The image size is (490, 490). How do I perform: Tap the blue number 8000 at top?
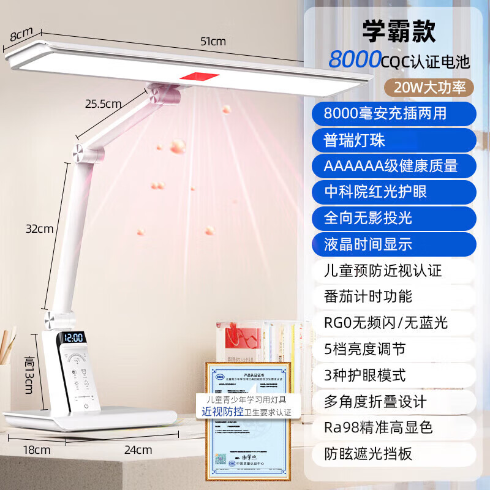pos(355,60)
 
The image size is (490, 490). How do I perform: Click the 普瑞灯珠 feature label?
pos(355,140)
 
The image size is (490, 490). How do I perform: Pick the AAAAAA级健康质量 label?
pos(391,166)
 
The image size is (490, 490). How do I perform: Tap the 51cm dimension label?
pos(213,42)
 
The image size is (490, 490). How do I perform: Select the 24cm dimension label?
pos(138,449)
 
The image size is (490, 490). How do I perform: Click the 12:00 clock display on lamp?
pos(73,337)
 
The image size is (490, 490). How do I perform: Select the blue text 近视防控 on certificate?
pos(224,412)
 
